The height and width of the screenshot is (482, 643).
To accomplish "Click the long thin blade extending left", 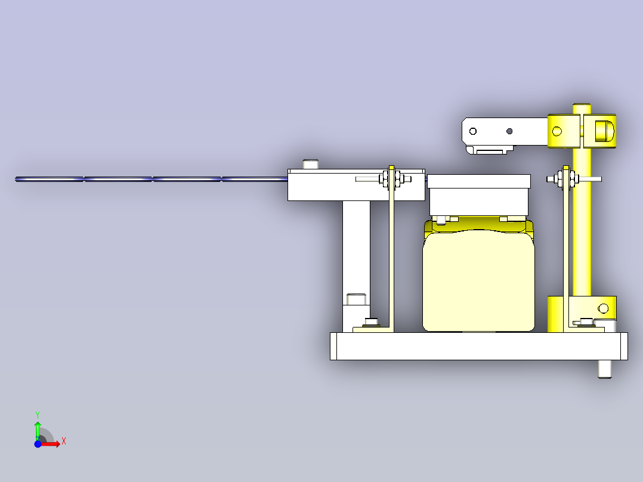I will [x=149, y=178].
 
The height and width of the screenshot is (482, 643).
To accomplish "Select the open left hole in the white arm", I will [x=473, y=131].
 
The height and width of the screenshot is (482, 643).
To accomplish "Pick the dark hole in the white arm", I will [x=509, y=131].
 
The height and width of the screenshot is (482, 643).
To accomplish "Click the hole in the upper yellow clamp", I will [x=557, y=131].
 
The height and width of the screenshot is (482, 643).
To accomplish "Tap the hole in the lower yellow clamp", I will [x=603, y=308].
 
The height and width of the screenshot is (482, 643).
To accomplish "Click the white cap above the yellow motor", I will [x=479, y=188].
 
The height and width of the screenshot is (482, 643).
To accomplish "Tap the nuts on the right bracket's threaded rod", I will [x=564, y=178].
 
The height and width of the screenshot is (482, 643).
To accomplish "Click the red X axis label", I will [x=63, y=441].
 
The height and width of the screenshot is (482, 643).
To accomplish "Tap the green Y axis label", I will [x=37, y=414].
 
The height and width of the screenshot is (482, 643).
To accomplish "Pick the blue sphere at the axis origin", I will [x=38, y=444].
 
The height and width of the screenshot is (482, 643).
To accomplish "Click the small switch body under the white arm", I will [x=490, y=149].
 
